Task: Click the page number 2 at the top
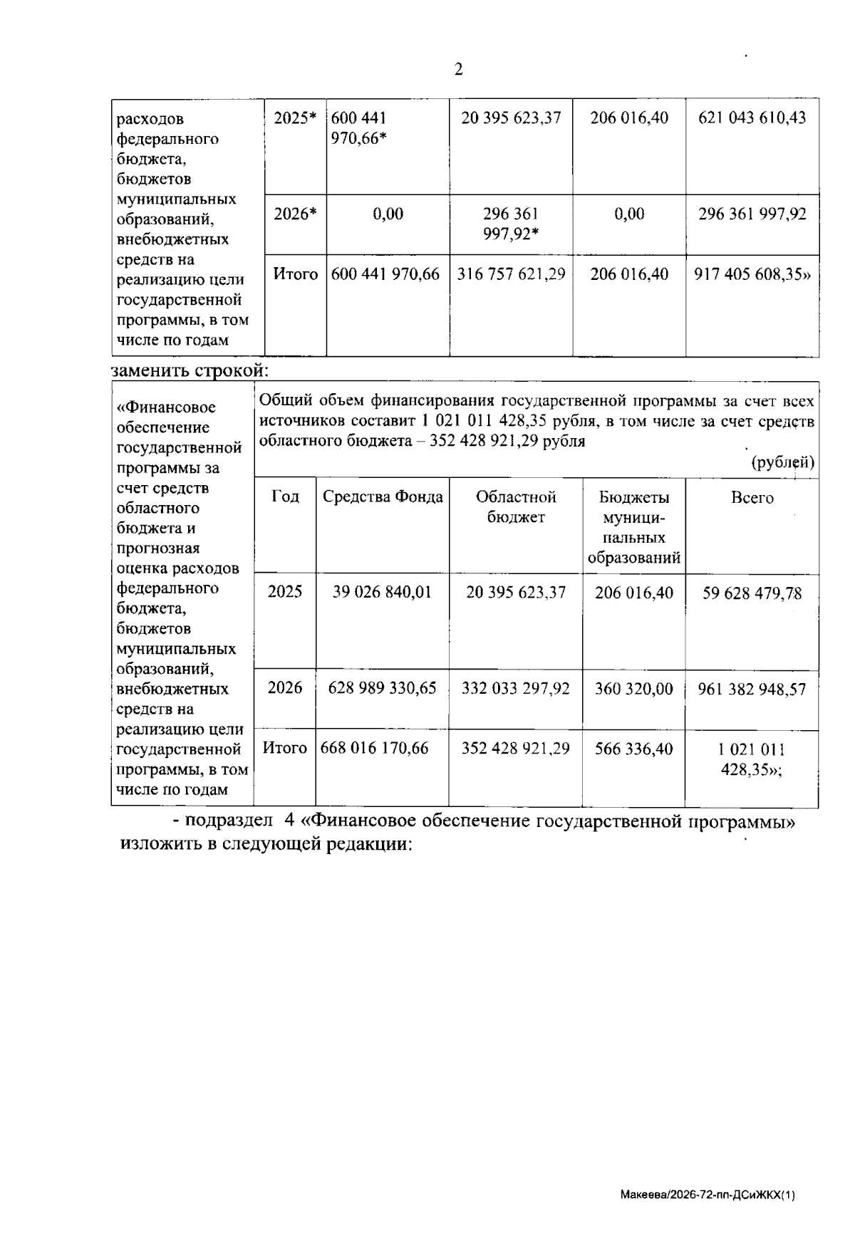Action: click(458, 69)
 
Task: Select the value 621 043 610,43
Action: click(752, 118)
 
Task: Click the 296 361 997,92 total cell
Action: click(752, 214)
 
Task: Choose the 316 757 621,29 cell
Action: click(511, 274)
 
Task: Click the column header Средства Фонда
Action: click(383, 498)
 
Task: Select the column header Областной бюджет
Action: click(515, 507)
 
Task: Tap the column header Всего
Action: click(752, 498)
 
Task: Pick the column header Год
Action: click(285, 497)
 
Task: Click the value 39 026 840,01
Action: click(382, 593)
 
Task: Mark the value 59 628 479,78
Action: click(752, 593)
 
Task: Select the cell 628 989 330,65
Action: click(382, 688)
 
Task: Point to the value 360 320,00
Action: click(633, 689)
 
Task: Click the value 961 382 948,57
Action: click(752, 690)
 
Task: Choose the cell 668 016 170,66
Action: click(375, 749)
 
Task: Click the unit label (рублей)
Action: click(783, 462)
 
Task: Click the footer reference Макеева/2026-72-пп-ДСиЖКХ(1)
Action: click(707, 1194)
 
